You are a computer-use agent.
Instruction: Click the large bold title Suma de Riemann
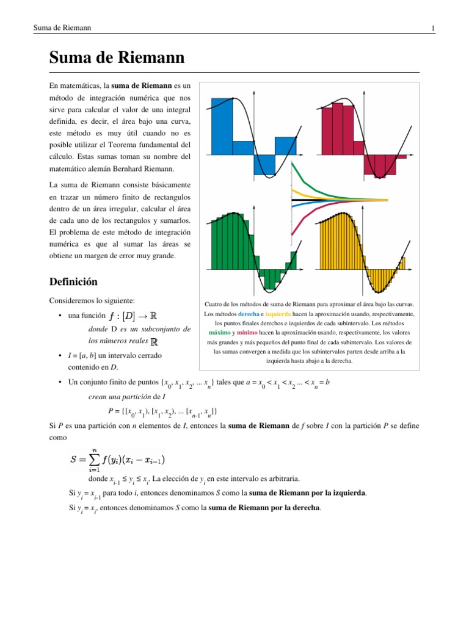pos(117,59)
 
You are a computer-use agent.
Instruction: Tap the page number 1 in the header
pos(432,29)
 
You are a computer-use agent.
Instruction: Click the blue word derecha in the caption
pos(249,314)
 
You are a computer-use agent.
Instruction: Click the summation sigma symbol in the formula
pos(95,459)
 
